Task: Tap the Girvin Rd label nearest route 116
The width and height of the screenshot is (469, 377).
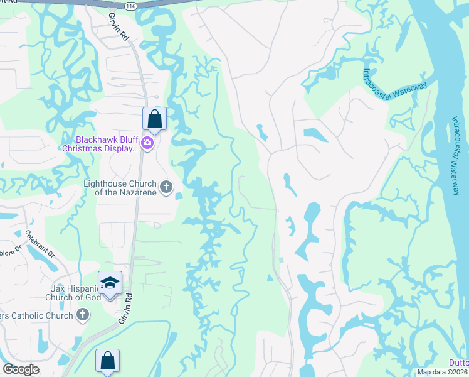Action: [119, 27]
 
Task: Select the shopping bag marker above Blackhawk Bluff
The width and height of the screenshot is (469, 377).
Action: [154, 117]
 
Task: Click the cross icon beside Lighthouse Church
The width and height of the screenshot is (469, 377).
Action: [166, 187]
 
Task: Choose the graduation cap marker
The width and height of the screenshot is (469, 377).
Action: [110, 283]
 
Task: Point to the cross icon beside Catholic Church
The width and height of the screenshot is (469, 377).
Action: [83, 315]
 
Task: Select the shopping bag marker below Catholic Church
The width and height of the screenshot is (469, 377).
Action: [107, 361]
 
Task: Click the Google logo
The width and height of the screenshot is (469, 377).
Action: [21, 369]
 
